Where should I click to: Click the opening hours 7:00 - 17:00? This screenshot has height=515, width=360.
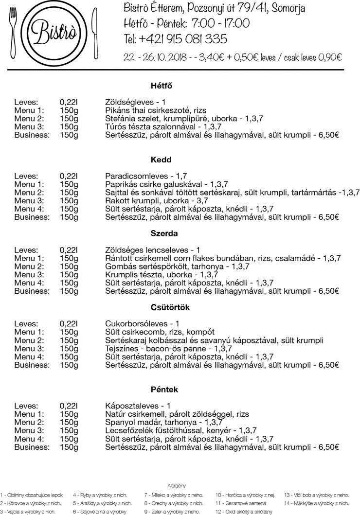[221, 23]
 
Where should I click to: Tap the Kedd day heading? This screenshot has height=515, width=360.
[162, 160]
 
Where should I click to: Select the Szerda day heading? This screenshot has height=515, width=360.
[164, 233]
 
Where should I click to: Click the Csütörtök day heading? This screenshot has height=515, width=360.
[170, 307]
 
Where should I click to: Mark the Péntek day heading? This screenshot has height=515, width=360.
[164, 390]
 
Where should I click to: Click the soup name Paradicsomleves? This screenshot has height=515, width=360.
[132, 176]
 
